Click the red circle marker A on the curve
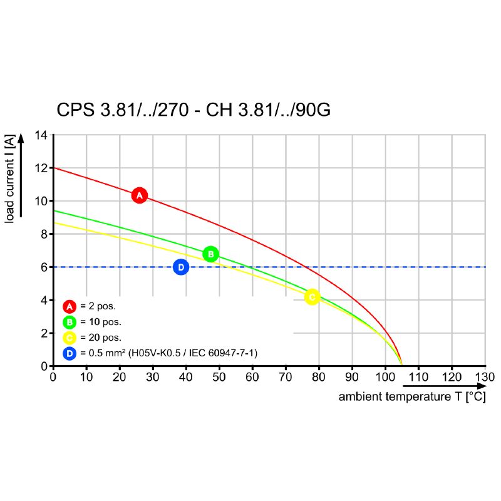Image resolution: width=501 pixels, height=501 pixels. click(x=140, y=195)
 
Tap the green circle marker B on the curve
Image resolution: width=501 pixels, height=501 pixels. click(x=211, y=254)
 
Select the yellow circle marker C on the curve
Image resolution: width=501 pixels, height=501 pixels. click(x=312, y=297)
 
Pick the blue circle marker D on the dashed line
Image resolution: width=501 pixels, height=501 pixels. click(x=180, y=267)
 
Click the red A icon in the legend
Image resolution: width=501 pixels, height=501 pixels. click(x=70, y=306)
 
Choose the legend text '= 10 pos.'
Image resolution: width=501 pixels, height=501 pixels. click(x=100, y=322)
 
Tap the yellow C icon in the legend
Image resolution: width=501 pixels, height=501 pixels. click(x=70, y=338)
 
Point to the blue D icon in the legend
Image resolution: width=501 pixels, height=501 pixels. click(x=70, y=353)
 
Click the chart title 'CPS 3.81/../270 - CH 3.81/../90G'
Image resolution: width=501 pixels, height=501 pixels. click(x=194, y=110)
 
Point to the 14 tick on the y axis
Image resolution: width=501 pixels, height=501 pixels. click(x=41, y=135)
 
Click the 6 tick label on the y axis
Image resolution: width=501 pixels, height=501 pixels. click(x=44, y=267)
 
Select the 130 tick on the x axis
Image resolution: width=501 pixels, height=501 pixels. click(x=485, y=377)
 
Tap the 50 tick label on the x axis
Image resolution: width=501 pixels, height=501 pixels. click(x=219, y=377)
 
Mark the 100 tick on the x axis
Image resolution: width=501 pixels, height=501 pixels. click(x=385, y=377)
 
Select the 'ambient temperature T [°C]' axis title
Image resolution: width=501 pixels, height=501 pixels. click(x=412, y=397)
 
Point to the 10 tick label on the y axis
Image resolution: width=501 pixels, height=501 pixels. click(x=41, y=201)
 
